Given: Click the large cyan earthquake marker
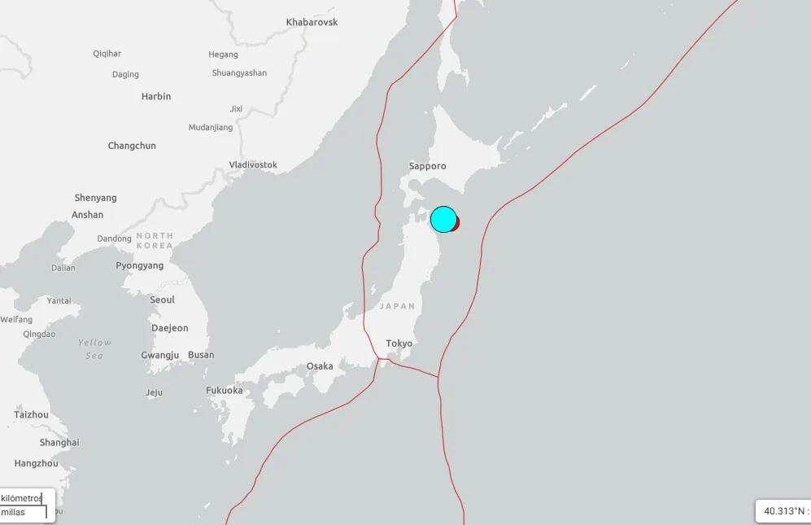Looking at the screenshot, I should (443, 220).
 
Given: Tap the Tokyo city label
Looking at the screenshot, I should (399, 343).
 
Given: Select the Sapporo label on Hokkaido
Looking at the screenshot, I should (427, 166).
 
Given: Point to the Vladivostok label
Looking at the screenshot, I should (253, 164).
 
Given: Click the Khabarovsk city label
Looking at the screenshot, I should (312, 22).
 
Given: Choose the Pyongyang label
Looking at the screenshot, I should (139, 265).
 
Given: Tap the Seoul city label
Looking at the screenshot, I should (162, 300).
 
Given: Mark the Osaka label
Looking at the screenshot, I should (319, 366).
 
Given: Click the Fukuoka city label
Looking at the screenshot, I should (224, 390).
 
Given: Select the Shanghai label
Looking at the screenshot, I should (59, 443).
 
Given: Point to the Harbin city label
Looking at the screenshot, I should (156, 96).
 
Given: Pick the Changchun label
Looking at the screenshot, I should (132, 146).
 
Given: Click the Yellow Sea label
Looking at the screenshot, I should (94, 349).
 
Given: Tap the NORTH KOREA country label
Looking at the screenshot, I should (155, 240).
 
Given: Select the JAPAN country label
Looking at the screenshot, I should (397, 306).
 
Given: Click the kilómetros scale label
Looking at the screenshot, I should (22, 497).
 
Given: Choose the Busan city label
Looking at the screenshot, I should (201, 355).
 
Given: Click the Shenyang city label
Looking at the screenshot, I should (95, 198).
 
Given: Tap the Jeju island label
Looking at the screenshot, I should (154, 392).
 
